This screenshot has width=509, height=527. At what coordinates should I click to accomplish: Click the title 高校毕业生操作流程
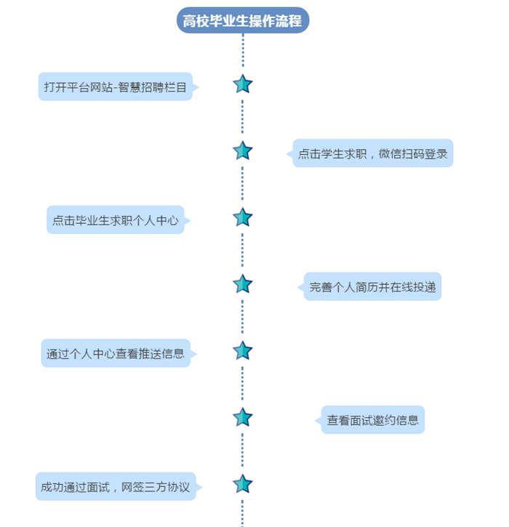(242, 20)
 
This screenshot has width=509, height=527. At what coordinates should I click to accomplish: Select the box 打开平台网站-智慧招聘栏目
(116, 87)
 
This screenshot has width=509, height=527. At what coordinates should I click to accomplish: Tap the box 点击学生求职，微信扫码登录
(372, 153)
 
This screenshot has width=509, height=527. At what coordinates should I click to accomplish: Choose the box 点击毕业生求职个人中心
(116, 220)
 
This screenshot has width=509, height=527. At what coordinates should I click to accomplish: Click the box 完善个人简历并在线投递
(372, 287)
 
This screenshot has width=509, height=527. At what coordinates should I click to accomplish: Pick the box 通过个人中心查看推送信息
(116, 354)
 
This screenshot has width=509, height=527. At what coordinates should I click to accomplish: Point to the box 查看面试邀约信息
(372, 420)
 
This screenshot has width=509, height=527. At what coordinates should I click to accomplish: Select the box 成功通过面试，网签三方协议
(116, 487)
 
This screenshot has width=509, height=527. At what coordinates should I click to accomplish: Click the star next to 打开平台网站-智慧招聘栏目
(242, 84)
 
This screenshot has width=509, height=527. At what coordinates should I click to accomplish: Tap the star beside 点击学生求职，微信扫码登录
(242, 151)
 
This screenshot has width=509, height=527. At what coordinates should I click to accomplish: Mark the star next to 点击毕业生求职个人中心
(242, 217)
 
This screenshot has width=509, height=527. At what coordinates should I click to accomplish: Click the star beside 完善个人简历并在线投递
(242, 284)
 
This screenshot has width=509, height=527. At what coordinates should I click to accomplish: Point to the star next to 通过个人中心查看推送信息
(242, 351)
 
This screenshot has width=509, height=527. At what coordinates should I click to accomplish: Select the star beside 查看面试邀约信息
(242, 417)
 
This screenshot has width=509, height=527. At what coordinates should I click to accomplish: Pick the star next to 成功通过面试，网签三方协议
(242, 484)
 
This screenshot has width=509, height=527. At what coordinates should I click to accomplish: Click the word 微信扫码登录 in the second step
(412, 153)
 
